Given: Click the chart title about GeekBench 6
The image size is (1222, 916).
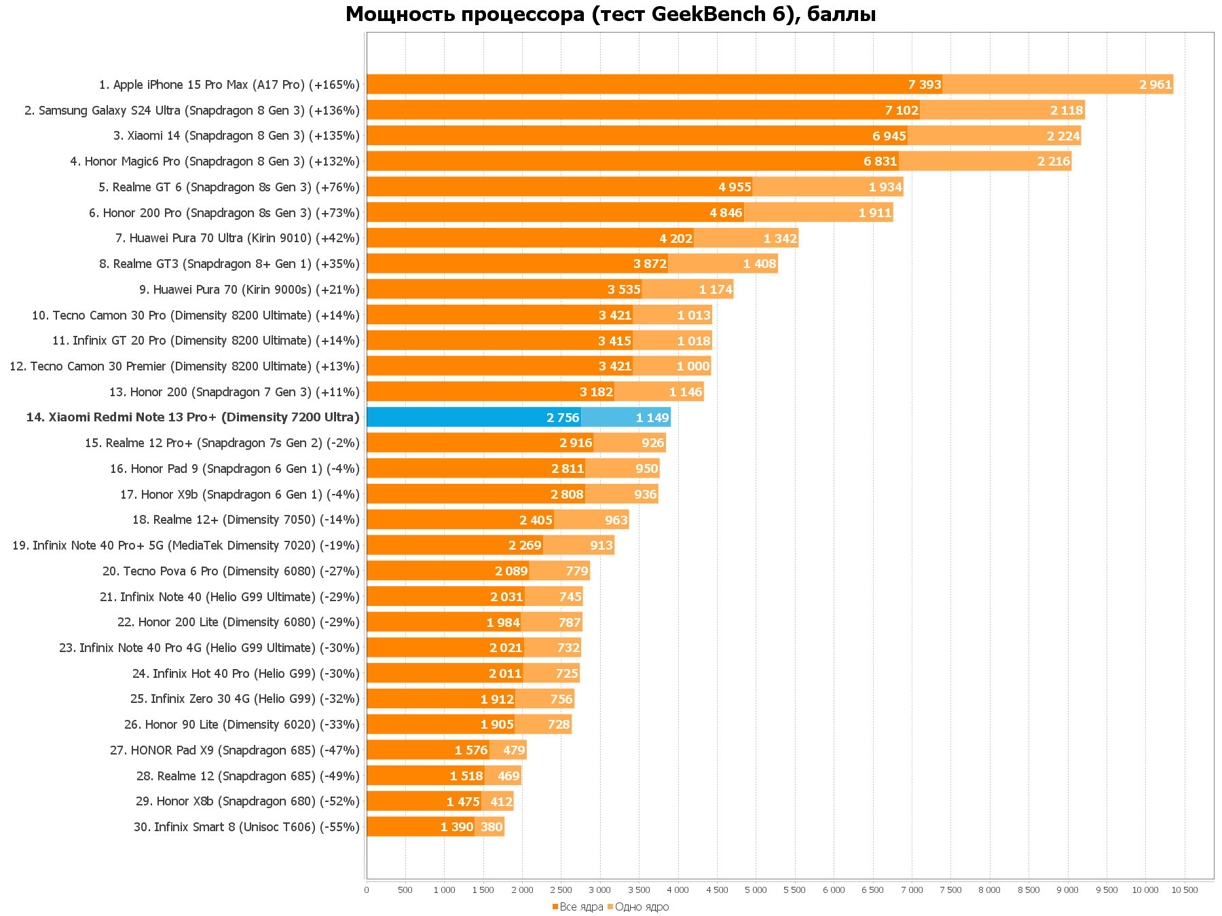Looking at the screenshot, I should pos(610,14).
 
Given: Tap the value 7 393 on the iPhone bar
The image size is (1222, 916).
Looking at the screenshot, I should pos(925,85).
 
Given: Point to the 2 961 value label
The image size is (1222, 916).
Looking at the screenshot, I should pos(1155,85).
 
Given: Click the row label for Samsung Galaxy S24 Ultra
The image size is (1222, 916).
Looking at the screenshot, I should pos(192,111).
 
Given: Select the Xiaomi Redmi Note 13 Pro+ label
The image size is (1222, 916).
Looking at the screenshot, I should pos(193,417).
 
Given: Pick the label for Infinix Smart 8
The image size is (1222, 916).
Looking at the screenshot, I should pos(246,827).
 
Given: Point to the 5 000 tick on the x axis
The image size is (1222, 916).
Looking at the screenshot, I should pos(756,890).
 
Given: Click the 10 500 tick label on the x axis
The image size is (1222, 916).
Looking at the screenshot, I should pos(1185,890).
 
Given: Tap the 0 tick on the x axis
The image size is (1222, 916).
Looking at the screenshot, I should pos(367,890).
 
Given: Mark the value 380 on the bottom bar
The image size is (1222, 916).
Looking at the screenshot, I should pos(492,827).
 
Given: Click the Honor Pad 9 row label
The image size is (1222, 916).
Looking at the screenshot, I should pos(235,469).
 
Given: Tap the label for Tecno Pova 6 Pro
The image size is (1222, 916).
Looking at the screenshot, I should pos(231,571).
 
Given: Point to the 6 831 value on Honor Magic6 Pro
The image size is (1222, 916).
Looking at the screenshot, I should pos(881,161).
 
